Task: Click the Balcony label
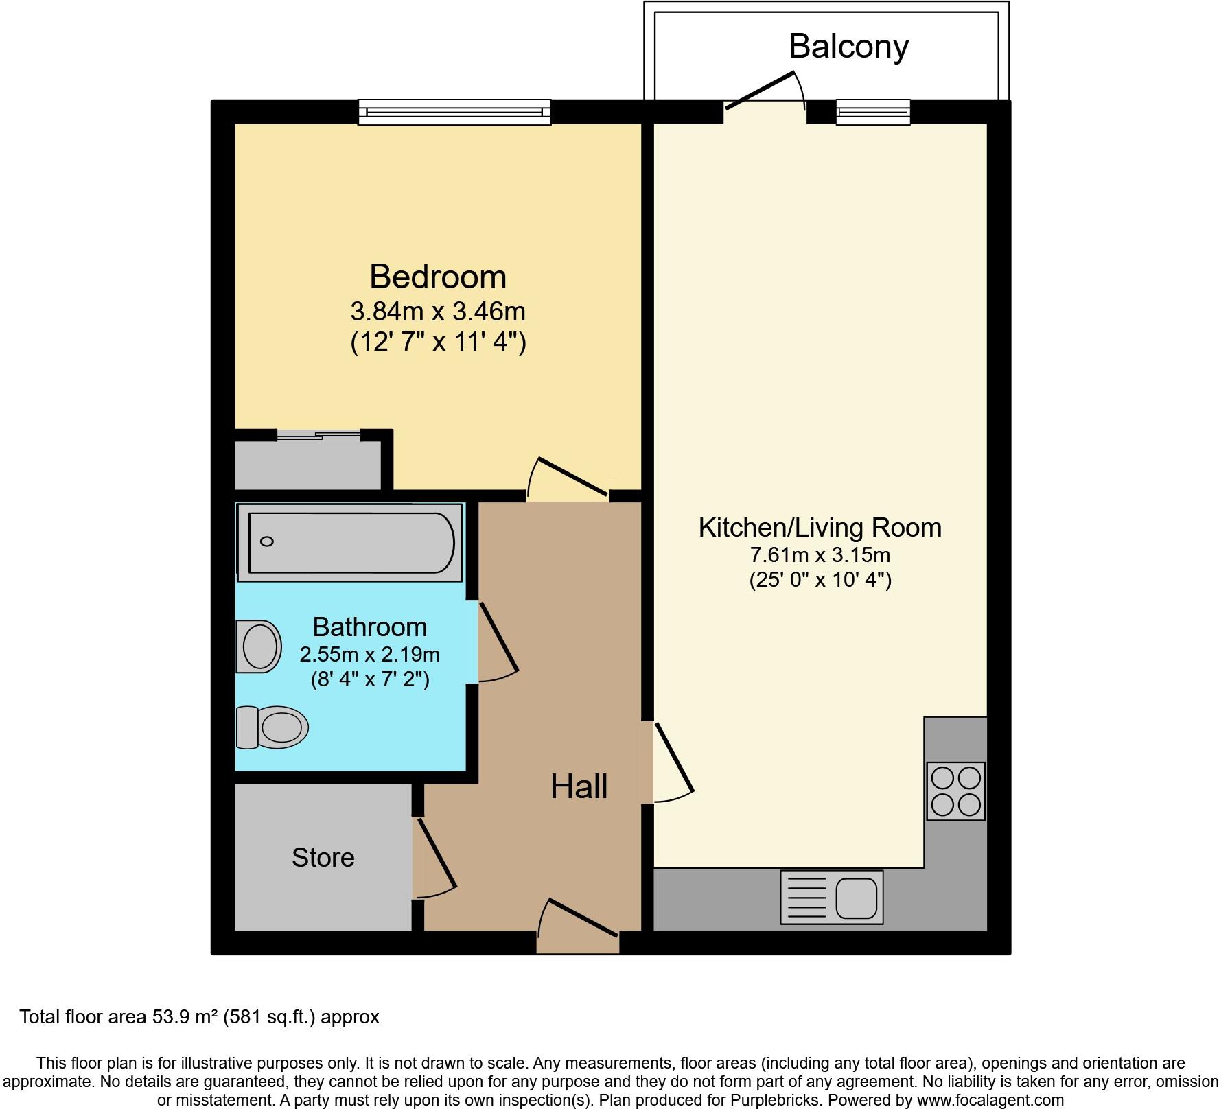tap(848, 47)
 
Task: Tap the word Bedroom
tap(438, 277)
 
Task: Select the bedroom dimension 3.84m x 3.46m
tap(438, 312)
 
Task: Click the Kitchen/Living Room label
tap(820, 528)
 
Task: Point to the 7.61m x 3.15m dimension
tap(820, 554)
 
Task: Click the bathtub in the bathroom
tap(350, 542)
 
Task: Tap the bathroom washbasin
tap(259, 646)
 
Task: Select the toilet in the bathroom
tap(272, 727)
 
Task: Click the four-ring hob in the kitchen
tap(955, 791)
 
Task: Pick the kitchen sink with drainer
tap(831, 897)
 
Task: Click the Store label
tap(323, 858)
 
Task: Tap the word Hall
tap(579, 786)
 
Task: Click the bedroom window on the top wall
tap(454, 112)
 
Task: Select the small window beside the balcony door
tap(872, 112)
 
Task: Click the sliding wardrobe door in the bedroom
tap(319, 434)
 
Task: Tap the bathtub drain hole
tap(267, 541)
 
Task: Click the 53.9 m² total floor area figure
tap(183, 1016)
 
